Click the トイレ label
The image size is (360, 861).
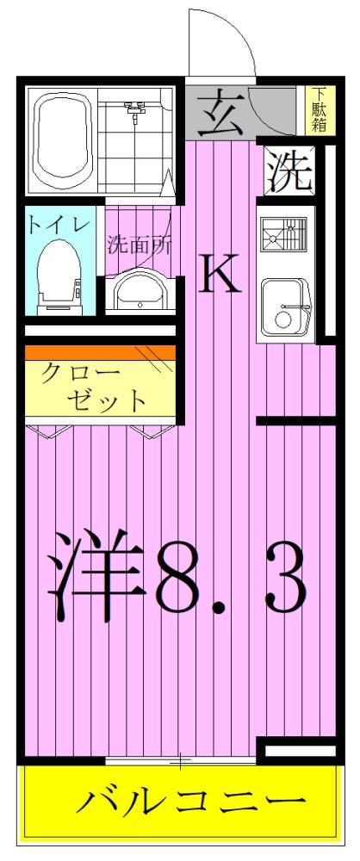[x=58, y=226]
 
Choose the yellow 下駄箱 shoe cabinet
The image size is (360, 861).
[x=319, y=110]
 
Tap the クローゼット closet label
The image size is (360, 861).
[x=95, y=387]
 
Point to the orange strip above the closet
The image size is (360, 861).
[x=100, y=352]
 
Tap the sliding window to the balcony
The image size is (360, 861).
[x=181, y=761]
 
